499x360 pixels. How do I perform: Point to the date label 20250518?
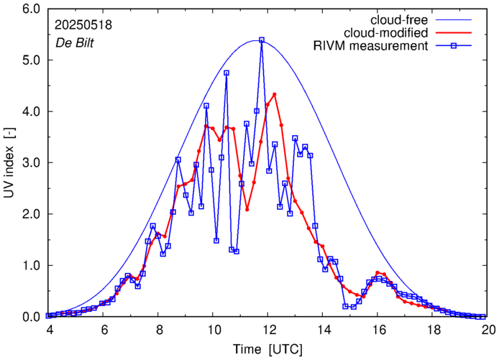pos(83,24)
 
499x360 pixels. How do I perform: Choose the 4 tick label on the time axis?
pos(49,330)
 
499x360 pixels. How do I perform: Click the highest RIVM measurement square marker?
pos(262,40)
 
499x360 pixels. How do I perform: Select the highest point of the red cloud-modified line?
pos(275,94)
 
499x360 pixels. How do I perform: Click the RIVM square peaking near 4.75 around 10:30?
pos(226,73)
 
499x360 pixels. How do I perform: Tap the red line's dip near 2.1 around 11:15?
pos(247,209)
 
